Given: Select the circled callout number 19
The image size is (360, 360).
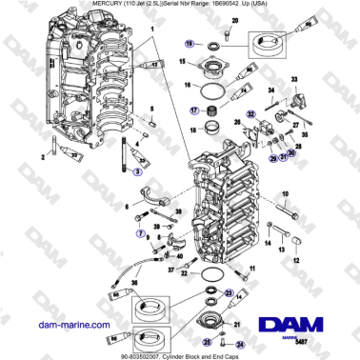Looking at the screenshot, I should (190, 45).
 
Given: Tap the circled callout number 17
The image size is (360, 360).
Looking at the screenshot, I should (193, 110).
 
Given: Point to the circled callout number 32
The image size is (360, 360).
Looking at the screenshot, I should (251, 113).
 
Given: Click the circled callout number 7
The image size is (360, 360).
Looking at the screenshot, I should (141, 232).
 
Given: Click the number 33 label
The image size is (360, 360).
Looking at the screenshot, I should (293, 78).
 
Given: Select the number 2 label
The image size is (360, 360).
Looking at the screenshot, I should (42, 154).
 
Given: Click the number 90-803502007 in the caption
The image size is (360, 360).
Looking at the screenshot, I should (141, 353).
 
